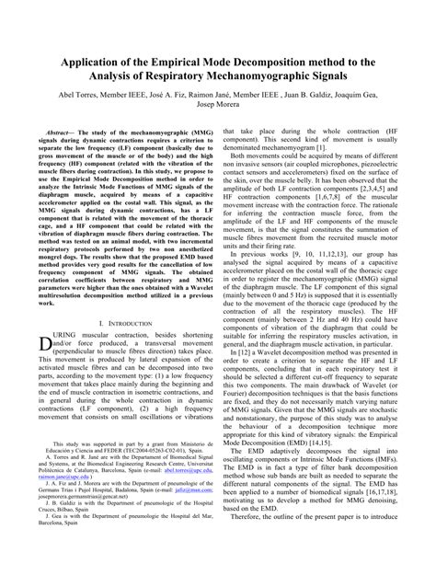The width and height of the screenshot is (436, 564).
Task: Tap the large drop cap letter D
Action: (45, 342)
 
